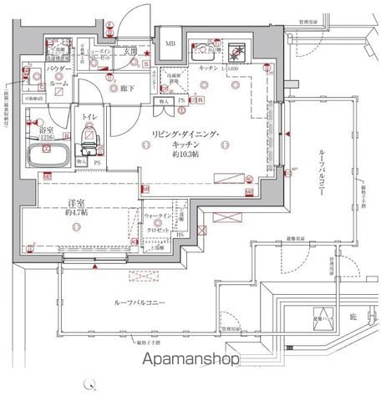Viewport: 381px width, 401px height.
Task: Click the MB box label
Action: tap(170, 43)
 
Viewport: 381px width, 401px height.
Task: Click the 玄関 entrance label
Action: tap(130, 51)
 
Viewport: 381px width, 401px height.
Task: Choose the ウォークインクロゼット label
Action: tap(158, 222)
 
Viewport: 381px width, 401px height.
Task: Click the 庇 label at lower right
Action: tap(353, 316)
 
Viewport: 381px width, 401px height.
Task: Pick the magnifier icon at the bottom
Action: tap(89, 384)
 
